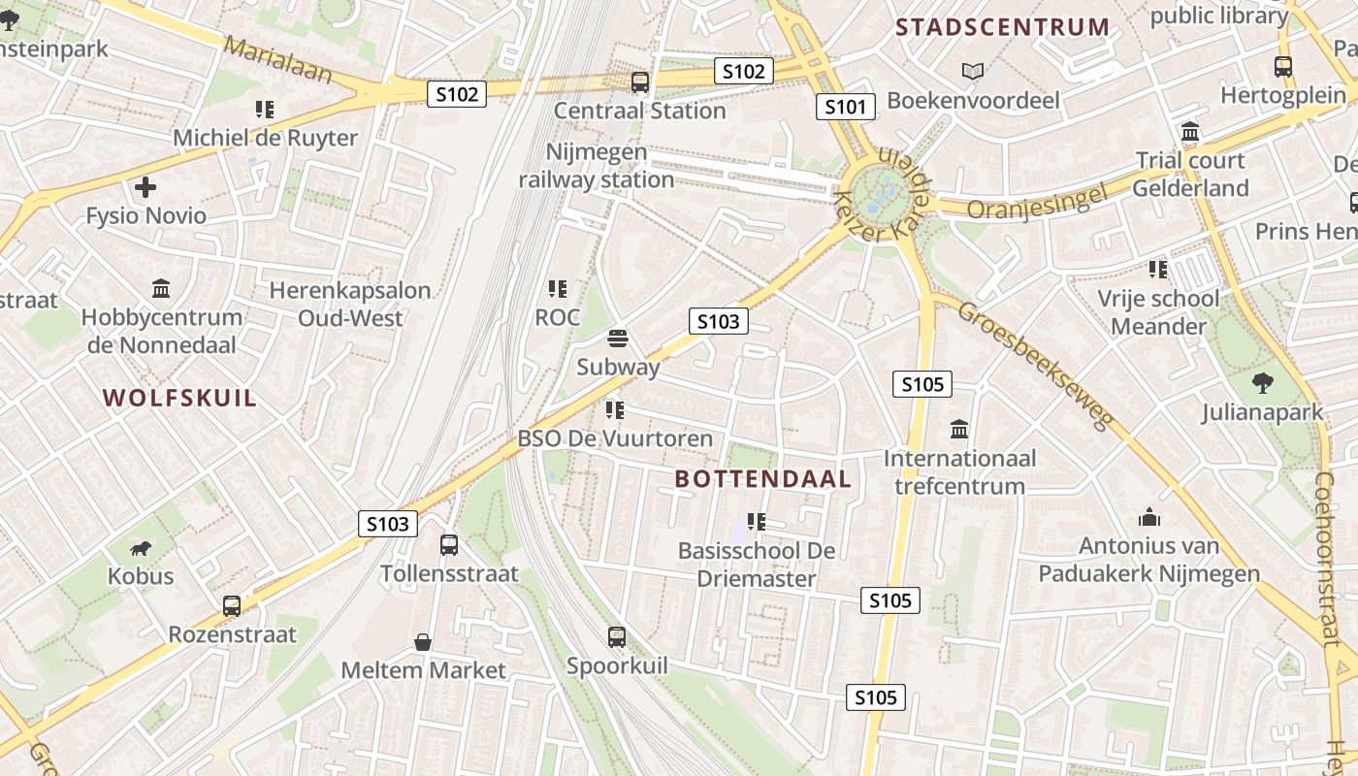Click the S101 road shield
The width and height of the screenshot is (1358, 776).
pos(845,107)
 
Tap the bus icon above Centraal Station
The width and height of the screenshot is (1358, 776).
pos(640,82)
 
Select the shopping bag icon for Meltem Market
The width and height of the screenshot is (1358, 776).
pos(423,642)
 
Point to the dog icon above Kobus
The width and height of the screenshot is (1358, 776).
pos(141,548)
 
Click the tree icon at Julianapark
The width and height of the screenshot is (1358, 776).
pos(1262,383)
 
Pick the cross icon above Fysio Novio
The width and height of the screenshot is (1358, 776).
pos(145,187)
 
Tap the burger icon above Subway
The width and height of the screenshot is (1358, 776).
pos(618,339)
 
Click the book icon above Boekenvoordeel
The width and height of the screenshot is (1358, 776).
pos(972,72)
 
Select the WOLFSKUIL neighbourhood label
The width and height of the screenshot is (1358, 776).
pos(180,398)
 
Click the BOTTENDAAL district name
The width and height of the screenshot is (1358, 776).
pos(763,478)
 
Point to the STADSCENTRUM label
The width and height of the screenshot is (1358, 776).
pos(1003,27)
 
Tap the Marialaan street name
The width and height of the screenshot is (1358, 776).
pos(277,60)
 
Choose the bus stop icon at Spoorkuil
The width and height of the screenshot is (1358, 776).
pos(617,637)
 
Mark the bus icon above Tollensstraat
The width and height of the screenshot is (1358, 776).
pos(449,545)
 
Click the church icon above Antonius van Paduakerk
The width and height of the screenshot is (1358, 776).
pos(1149,517)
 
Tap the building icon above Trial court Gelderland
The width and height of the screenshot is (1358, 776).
pos(1190,132)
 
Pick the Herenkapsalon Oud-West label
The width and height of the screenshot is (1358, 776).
pos(349,304)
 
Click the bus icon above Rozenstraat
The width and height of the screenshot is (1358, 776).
pos(232,606)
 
